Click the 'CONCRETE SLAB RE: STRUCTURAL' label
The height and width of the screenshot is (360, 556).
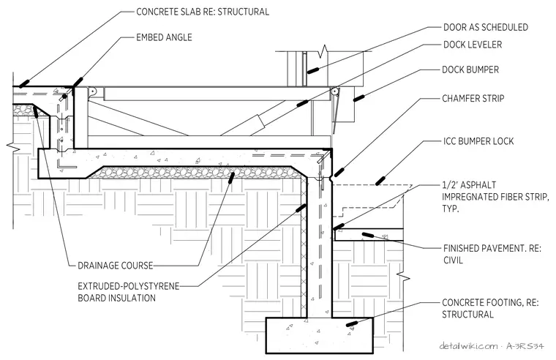pyautogui.click(x=203, y=12)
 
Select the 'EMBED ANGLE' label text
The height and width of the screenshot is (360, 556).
pyautogui.click(x=164, y=37)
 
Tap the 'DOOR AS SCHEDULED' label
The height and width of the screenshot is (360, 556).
pyautogui.click(x=486, y=27)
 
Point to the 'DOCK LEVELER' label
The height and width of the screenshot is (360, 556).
pyautogui.click(x=473, y=45)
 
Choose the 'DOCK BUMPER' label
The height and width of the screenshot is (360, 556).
pyautogui.click(x=470, y=70)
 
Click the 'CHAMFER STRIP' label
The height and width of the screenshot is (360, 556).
pyautogui.click(x=473, y=98)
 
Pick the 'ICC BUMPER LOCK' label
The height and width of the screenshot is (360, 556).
pyautogui.click(x=478, y=141)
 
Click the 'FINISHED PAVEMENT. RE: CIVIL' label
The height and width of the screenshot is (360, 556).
pyautogui.click(x=492, y=254)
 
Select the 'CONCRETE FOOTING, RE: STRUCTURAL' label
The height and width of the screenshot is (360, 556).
pyautogui.click(x=490, y=308)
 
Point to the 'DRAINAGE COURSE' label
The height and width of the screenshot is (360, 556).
pyautogui.click(x=116, y=266)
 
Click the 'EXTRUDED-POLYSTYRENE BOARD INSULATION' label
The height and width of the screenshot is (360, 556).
pyautogui.click(x=128, y=291)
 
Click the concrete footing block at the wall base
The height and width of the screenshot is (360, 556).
pyautogui.click(x=320, y=335)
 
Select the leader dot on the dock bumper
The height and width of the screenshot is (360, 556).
pyautogui.click(x=359, y=97)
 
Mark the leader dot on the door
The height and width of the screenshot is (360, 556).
pyautogui.click(x=312, y=70)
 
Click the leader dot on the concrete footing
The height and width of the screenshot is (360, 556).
pyautogui.click(x=352, y=323)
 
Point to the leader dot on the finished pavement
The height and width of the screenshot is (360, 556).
pyautogui.click(x=367, y=235)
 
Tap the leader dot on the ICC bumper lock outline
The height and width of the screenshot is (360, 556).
pyautogui.click(x=380, y=180)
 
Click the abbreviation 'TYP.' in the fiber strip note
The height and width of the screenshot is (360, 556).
pyautogui.click(x=451, y=209)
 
